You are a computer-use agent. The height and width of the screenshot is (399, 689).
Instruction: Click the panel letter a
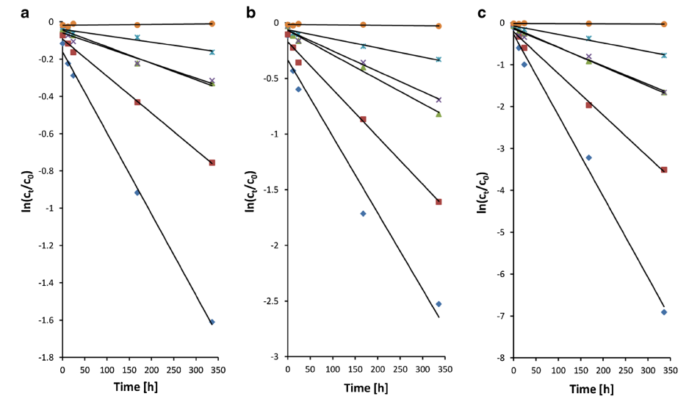[25, 13]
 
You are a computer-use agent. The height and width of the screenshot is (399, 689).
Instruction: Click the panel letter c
[482, 13]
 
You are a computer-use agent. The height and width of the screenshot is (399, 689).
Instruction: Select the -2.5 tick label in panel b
[271, 301]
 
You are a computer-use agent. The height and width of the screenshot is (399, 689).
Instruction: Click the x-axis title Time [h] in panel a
[135, 387]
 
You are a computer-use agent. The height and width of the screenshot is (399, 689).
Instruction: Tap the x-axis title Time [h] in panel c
[591, 389]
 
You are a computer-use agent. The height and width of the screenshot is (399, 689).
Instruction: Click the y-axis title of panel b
[250, 192]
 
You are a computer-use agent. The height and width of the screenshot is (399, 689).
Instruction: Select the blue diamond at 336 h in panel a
[212, 322]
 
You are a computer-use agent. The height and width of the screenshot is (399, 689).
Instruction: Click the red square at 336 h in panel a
[212, 162]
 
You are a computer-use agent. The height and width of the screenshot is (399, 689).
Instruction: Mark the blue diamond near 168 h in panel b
[363, 214]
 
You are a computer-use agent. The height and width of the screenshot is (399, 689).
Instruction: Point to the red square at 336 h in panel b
[439, 201]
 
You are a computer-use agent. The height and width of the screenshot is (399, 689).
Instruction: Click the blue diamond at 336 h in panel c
[664, 312]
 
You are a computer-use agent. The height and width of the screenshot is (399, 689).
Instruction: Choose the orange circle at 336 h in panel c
[664, 24]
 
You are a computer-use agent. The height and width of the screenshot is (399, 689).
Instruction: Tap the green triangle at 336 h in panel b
[439, 114]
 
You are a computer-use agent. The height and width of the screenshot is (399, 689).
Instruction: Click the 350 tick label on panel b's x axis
[445, 370]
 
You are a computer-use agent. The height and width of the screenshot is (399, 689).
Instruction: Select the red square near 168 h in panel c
[589, 105]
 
